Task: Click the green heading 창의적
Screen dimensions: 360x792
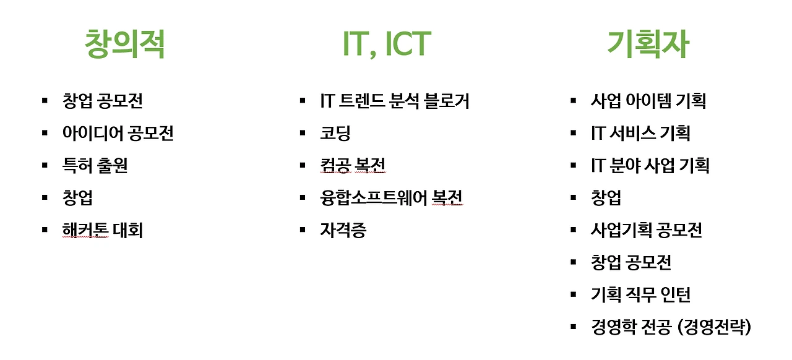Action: (125, 44)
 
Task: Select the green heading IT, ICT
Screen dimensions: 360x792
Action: (386, 44)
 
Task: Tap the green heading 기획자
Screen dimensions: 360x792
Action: (648, 44)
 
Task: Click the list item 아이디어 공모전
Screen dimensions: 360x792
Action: (118, 133)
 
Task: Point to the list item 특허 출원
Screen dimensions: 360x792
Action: (95, 166)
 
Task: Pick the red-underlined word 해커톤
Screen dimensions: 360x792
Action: (85, 231)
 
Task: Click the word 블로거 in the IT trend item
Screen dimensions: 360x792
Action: (447, 101)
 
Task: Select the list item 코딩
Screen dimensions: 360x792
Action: (335, 133)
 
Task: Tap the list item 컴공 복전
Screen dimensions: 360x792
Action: (353, 166)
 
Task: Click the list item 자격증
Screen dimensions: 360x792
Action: (343, 231)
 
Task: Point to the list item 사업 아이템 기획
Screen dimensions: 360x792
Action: (648, 101)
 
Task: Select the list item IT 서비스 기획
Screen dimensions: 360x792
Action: (640, 133)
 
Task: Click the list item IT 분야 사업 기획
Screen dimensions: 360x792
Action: (650, 166)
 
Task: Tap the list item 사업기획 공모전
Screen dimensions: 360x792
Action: (647, 231)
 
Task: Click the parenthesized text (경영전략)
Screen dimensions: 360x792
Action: (715, 327)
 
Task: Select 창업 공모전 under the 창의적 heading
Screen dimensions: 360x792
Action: (102, 101)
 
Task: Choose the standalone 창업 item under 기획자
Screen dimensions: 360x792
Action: (606, 198)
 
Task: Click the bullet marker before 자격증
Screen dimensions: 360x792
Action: (303, 230)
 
